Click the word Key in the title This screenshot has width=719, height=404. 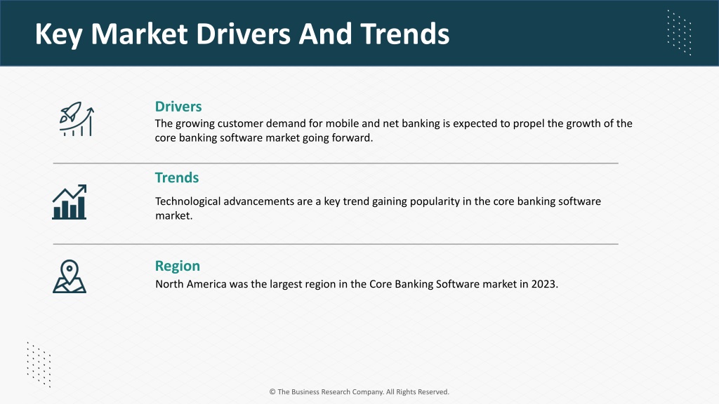[58, 35]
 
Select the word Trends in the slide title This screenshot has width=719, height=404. [405, 34]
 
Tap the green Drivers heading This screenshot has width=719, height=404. [178, 107]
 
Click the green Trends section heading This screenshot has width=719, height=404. [177, 177]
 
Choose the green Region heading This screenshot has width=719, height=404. [178, 266]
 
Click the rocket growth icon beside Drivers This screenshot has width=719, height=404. [77, 119]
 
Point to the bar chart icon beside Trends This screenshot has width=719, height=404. [70, 202]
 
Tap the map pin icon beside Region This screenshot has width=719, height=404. [70, 276]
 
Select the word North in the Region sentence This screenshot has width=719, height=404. [169, 284]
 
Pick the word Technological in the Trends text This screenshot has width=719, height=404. [188, 201]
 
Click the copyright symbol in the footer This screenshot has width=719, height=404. [272, 391]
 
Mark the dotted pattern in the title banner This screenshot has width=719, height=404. [679, 32]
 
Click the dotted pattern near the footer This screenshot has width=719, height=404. [39, 365]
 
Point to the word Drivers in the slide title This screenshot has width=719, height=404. [243, 34]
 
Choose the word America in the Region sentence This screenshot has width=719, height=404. [206, 284]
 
